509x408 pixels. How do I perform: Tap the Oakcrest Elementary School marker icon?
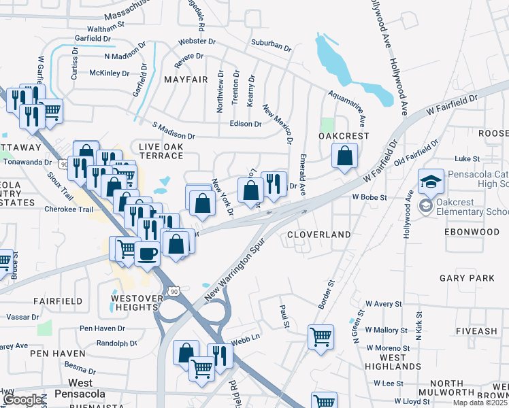pyautogui.click(x=425, y=206)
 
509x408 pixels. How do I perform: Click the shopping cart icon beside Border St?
pyautogui.click(x=320, y=335)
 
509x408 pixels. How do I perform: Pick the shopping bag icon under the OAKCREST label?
pyautogui.click(x=346, y=156)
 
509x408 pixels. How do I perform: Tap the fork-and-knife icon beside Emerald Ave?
pyautogui.click(x=274, y=182)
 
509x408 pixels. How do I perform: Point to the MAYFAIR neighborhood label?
pyautogui.click(x=185, y=80)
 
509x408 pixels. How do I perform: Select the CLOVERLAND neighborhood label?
pyautogui.click(x=318, y=235)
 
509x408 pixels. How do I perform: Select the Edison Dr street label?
pyautogui.click(x=246, y=124)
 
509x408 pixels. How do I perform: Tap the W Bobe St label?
pyautogui.click(x=369, y=197)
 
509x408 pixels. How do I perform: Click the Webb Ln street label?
pyautogui.click(x=246, y=337)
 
